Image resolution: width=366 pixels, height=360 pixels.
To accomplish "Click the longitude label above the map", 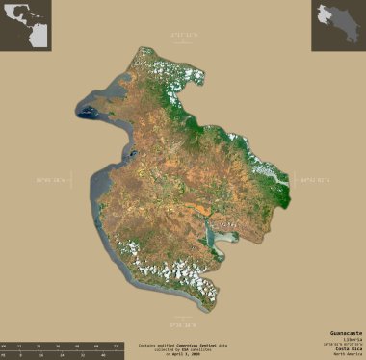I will tap(182, 36).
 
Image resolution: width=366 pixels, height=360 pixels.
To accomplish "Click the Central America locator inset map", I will tap(26, 26).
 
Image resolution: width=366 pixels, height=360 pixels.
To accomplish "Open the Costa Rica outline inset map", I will tap(338, 26).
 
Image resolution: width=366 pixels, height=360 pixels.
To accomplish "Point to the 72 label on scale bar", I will tap(114, 344).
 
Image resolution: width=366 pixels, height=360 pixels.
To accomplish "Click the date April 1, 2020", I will tap(182, 353).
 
